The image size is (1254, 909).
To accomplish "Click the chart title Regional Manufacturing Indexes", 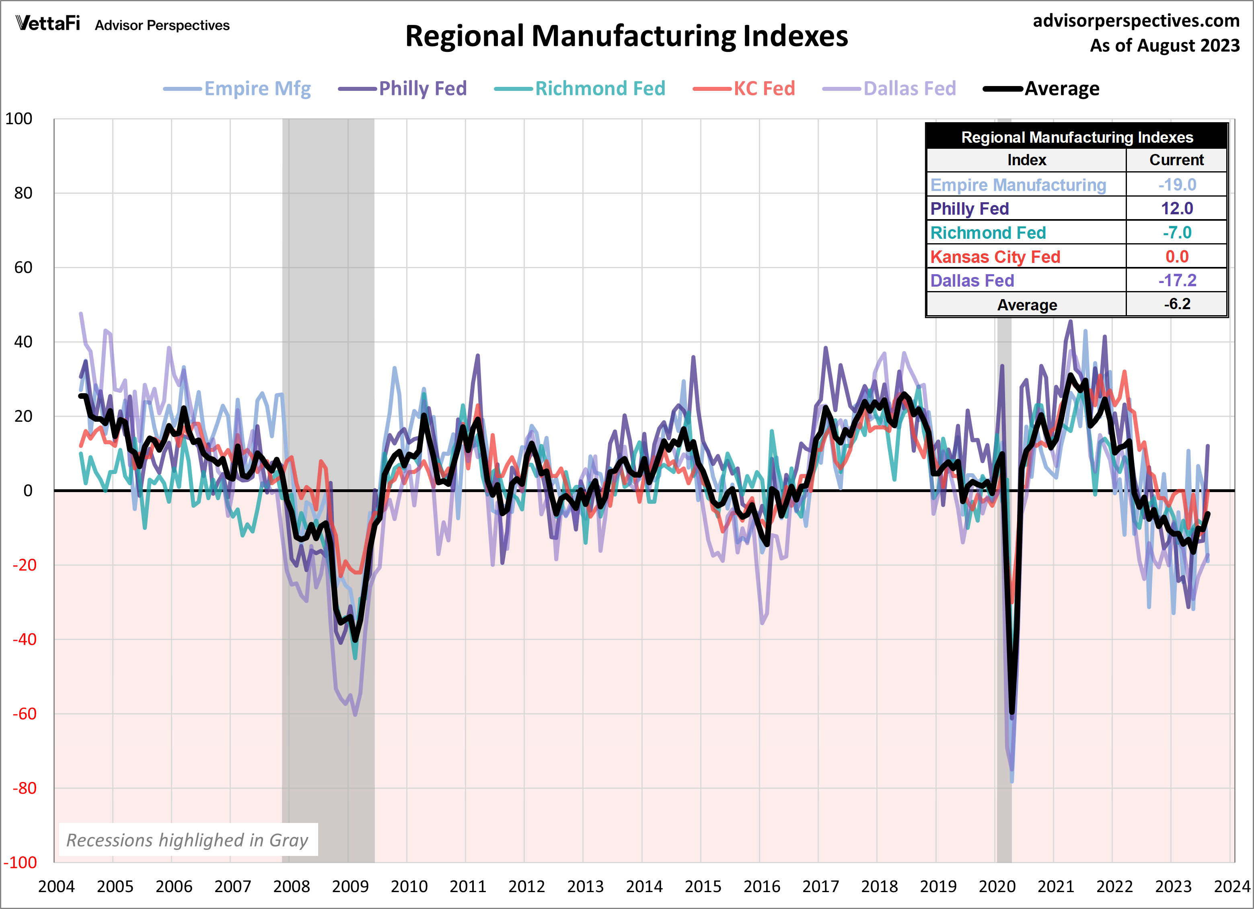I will click(627, 37).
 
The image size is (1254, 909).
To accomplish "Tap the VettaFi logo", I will click(48, 23).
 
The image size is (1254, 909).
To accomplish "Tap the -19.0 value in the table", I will click(1177, 185).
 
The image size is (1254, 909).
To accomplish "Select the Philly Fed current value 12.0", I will click(1177, 208).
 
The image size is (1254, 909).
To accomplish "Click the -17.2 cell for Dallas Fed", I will click(1177, 281).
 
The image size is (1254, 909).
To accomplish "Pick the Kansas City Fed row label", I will click(995, 257).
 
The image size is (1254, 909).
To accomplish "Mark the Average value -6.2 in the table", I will click(1177, 304).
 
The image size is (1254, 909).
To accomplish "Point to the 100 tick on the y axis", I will click(19, 119).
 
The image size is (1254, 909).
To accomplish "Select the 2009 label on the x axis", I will click(350, 887).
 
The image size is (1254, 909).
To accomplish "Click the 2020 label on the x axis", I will click(997, 887).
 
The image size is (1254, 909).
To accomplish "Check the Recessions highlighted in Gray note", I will click(187, 840).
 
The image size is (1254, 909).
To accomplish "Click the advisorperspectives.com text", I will click(1136, 21).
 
